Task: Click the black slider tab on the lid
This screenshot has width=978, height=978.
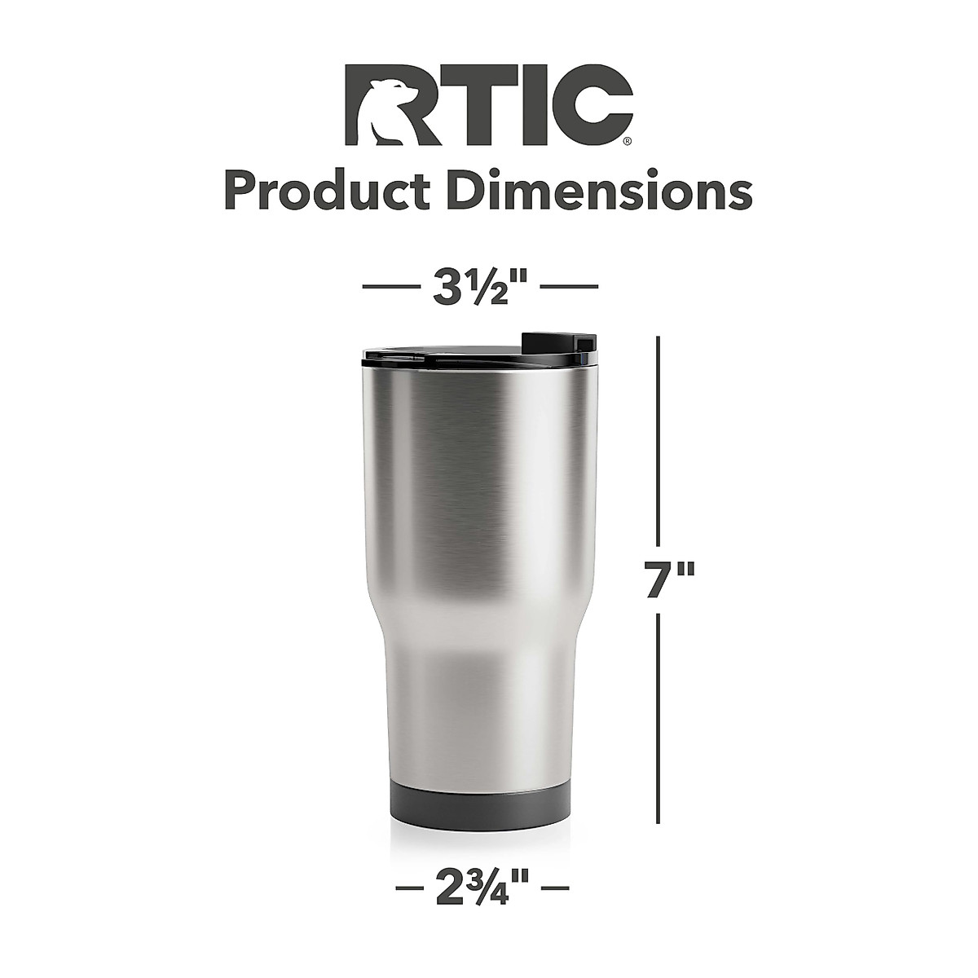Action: click(556, 342)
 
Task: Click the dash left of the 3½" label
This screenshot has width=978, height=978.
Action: click(390, 287)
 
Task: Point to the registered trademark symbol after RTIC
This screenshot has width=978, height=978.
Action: click(625, 140)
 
